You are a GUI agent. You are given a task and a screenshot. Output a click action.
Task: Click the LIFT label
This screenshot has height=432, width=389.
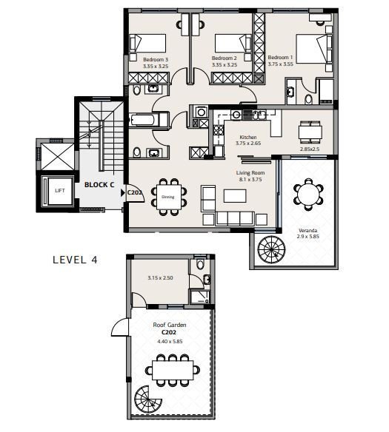[60, 190]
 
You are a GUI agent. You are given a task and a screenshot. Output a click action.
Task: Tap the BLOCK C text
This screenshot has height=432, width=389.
[99, 185]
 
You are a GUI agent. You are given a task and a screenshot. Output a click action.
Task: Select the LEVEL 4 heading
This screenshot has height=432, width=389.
[76, 260]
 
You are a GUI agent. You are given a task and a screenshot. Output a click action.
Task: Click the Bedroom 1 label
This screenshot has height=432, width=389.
[280, 57]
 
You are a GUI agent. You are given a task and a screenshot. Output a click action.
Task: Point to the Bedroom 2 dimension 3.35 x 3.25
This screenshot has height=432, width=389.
[225, 65]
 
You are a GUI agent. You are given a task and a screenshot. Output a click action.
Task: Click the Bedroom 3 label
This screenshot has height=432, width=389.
[156, 59]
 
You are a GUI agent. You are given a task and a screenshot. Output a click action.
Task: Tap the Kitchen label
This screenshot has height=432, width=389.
[248, 137]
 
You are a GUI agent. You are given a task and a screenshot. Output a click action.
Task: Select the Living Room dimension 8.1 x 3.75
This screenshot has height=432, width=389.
[250, 179]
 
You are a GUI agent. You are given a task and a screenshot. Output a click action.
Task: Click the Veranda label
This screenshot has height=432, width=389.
[308, 230]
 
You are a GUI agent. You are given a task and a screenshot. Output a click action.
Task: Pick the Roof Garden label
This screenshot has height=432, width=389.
[170, 325]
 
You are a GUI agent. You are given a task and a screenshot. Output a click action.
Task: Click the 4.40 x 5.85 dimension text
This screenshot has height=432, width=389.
[170, 341]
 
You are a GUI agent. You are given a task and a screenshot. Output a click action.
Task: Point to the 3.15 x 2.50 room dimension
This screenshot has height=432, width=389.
[160, 277]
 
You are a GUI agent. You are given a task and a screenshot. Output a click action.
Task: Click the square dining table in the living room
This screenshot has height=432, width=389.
[169, 197]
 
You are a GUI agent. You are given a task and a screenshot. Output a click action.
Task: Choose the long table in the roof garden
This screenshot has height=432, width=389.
[173, 370]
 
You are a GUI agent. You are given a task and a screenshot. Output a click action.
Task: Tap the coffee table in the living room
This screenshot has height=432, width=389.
[235, 195]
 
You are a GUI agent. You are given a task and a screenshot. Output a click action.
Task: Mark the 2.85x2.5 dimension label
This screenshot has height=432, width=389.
[310, 149]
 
